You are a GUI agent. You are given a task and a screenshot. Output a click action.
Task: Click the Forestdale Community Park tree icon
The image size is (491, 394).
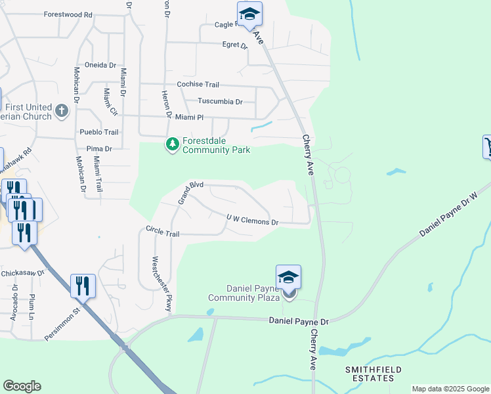click(173, 144)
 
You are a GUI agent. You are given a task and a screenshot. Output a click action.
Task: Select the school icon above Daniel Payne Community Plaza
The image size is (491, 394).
click(288, 276)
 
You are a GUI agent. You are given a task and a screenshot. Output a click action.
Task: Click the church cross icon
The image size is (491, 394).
click(62, 110)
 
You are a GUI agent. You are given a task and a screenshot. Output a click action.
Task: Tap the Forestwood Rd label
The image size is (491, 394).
click(68, 14)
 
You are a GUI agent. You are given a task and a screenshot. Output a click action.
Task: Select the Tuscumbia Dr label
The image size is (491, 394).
click(221, 102)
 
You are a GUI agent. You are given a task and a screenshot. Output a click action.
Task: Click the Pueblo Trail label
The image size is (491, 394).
click(99, 132)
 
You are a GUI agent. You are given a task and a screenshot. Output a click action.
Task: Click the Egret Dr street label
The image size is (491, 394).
click(234, 46)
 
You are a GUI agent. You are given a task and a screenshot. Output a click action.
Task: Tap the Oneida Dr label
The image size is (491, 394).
click(102, 66)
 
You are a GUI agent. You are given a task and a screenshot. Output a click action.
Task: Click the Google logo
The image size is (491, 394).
click(22, 386)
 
